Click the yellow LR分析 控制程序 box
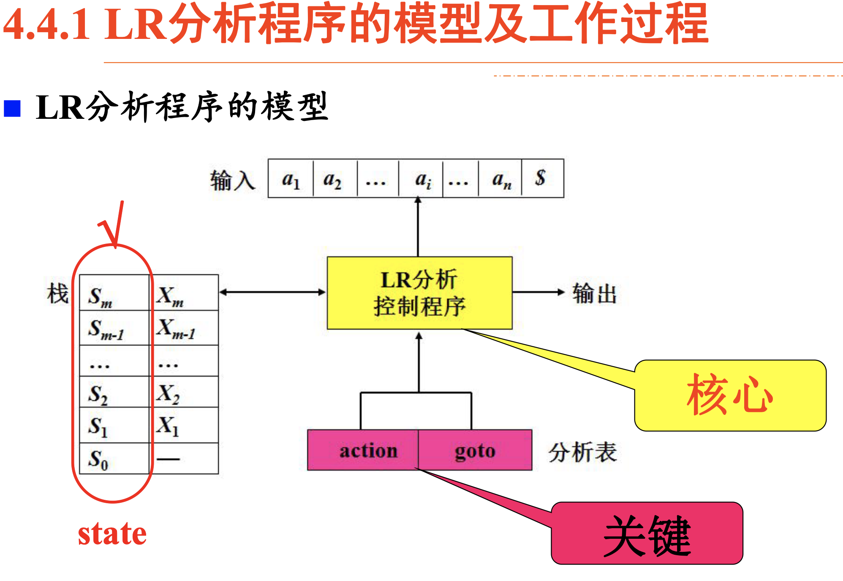(x=419, y=293)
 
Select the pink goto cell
(x=475, y=450)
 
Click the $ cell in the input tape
(x=541, y=178)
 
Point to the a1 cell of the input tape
(x=291, y=178)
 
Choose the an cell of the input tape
(x=500, y=178)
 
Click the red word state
(x=112, y=534)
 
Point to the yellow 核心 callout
(x=730, y=395)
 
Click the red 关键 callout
(x=647, y=534)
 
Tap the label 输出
(x=594, y=293)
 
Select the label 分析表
(x=582, y=452)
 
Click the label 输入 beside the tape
(x=232, y=180)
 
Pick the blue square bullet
(x=12, y=108)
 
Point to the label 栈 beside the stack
(x=57, y=293)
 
